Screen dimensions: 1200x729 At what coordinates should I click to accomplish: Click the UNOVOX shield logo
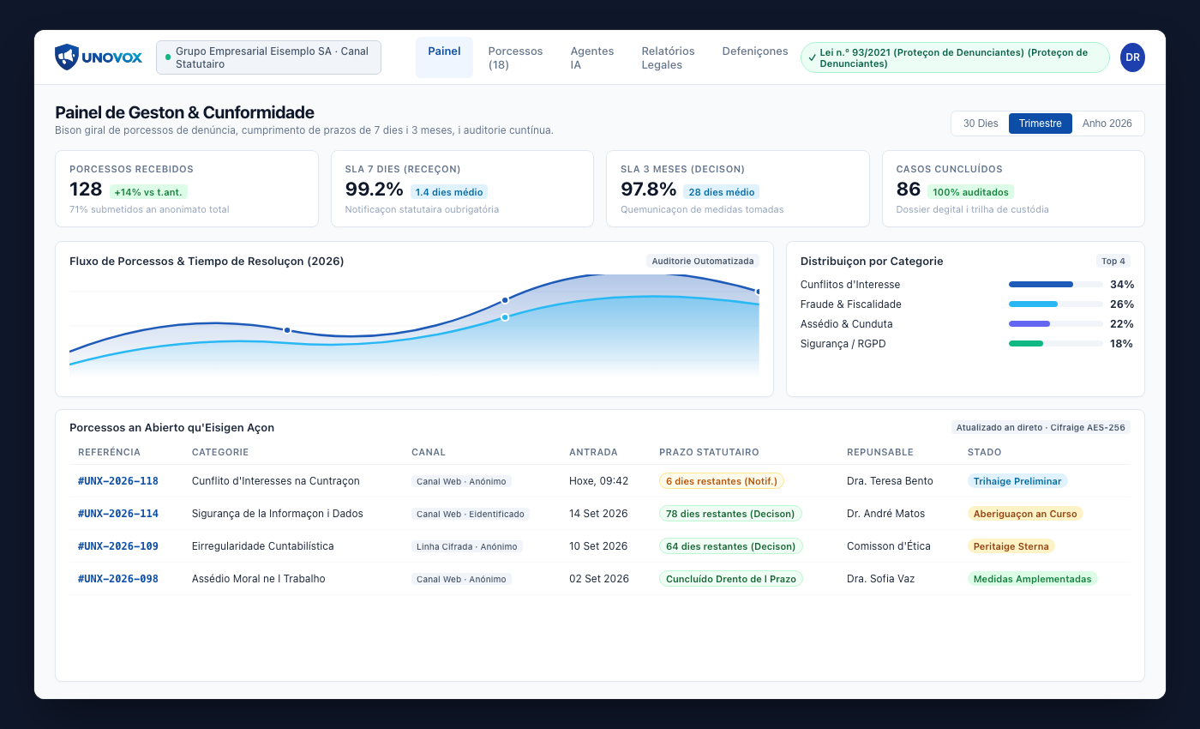pos(67,57)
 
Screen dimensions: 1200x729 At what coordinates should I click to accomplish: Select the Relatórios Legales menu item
pos(668,58)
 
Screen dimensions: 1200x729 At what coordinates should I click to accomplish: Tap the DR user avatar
pos(1132,57)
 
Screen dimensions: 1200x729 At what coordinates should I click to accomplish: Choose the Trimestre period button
pos(1040,124)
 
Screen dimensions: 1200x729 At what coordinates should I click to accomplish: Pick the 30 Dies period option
pos(981,124)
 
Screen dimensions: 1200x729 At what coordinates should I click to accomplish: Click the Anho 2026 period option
pos(1107,124)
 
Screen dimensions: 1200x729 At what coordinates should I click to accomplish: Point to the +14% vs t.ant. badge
pos(148,192)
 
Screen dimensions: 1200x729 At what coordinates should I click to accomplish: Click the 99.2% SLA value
pos(374,190)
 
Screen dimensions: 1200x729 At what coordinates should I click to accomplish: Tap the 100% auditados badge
pos(970,192)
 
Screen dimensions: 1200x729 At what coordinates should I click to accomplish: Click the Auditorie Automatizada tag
pos(702,261)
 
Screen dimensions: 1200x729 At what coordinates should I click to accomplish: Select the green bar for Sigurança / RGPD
pos(1025,344)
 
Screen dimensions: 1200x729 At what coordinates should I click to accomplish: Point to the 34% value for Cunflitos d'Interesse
pos(1122,285)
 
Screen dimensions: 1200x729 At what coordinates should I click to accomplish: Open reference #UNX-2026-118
pos(118,481)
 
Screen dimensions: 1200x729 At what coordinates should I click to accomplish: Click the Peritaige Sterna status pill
pos(1011,546)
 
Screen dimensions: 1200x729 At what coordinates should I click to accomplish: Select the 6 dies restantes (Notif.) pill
pos(721,481)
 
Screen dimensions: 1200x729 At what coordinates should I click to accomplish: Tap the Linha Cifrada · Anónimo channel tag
pos(466,546)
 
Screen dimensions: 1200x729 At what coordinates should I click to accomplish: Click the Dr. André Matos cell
pos(885,514)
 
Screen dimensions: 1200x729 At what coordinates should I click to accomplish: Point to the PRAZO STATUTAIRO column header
pos(709,452)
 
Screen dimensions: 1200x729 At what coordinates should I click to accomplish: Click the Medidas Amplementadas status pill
pos(1032,579)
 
